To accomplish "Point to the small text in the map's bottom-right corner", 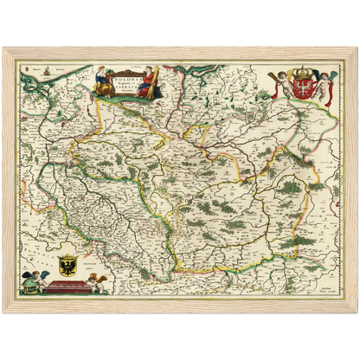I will (327, 292).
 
